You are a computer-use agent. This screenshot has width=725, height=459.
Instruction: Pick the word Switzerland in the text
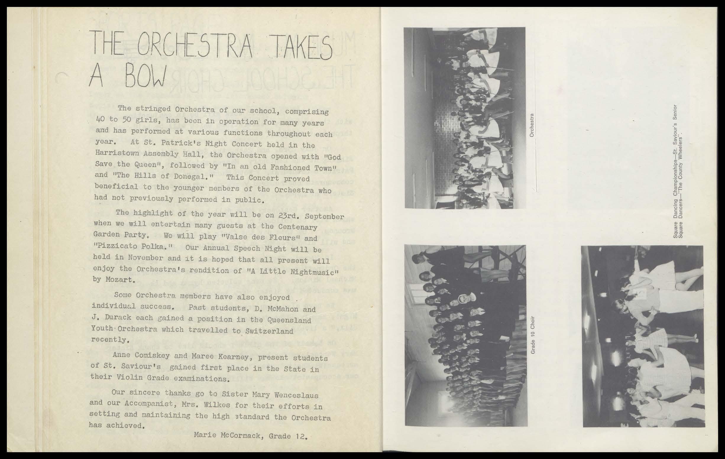click(x=269, y=331)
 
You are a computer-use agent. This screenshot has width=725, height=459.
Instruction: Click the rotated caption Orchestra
click(x=532, y=125)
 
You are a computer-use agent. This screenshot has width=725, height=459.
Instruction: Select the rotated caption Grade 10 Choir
click(x=533, y=335)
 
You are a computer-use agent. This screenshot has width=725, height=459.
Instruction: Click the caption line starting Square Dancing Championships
click(x=676, y=171)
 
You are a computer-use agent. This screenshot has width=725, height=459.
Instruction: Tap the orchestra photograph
click(x=465, y=118)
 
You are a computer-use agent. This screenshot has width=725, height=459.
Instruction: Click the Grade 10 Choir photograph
click(x=465, y=335)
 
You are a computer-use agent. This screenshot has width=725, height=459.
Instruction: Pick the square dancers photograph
click(x=643, y=336)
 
